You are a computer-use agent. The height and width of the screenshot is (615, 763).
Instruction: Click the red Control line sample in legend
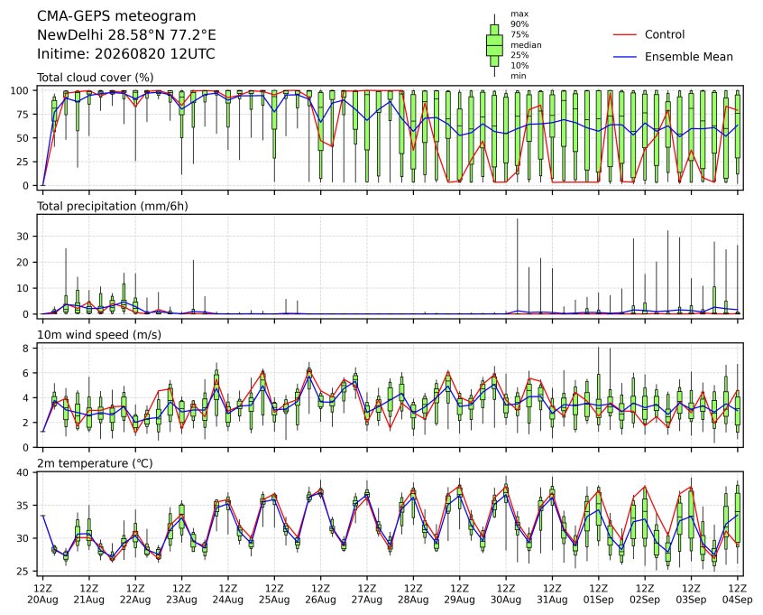[625, 34]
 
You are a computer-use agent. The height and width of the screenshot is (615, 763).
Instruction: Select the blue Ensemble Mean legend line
[625, 57]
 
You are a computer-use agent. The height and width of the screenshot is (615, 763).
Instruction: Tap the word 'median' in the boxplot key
[526, 45]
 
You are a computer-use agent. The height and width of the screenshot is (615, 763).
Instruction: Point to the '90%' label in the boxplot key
[519, 24]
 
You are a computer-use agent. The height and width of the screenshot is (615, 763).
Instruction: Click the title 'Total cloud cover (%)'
[96, 78]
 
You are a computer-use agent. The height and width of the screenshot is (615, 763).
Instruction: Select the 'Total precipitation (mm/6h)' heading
[113, 207]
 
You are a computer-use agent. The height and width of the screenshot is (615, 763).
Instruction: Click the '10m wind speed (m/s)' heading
[99, 335]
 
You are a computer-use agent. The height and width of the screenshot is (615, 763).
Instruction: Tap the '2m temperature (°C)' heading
[95, 463]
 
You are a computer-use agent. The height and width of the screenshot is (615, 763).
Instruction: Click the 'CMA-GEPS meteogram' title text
[116, 16]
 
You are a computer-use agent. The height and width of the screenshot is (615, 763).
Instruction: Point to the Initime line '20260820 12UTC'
[126, 53]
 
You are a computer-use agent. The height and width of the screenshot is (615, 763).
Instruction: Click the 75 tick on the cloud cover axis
[23, 115]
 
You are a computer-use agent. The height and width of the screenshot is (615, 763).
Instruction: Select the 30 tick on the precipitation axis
[23, 237]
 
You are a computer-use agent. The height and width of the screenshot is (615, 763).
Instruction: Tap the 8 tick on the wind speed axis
[26, 348]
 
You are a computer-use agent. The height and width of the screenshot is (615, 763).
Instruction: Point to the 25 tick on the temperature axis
[23, 571]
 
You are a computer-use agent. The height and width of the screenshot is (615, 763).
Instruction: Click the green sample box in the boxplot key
[494, 45]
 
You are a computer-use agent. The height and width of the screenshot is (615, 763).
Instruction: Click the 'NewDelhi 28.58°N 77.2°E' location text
[126, 35]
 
